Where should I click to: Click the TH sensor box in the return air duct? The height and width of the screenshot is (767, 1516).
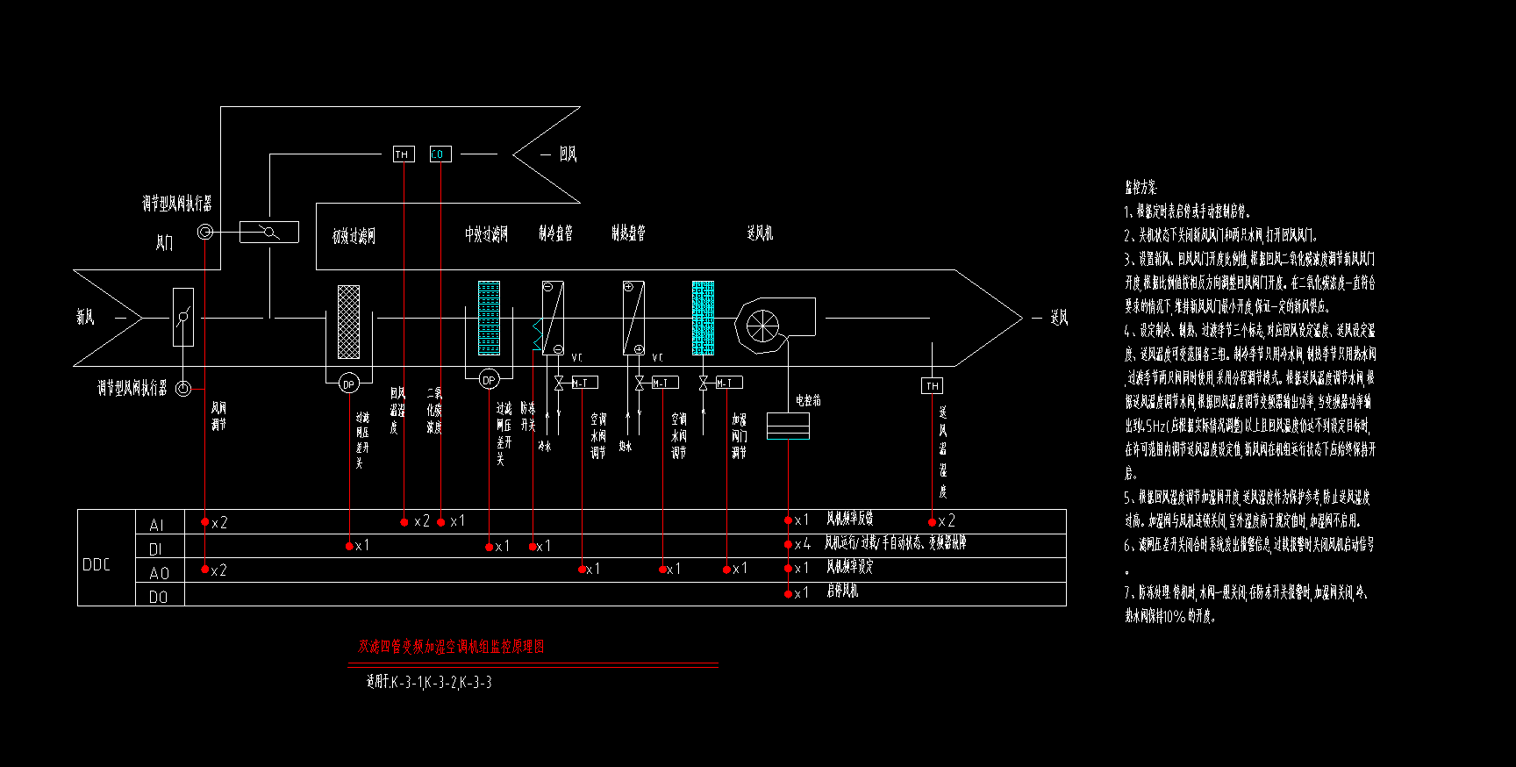pos(403,154)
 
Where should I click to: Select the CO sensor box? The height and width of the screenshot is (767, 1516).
pos(440,154)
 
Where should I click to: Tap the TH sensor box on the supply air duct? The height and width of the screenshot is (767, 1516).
pos(932,385)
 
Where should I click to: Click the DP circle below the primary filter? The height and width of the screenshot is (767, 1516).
pos(348,383)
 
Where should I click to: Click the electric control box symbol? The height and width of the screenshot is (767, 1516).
pos(788,426)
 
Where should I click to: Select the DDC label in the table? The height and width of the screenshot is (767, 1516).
pos(97,564)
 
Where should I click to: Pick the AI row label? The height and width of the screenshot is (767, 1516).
pos(157,525)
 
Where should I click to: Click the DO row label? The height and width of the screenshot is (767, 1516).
pos(158,597)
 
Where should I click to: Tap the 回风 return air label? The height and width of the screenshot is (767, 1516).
pos(568,154)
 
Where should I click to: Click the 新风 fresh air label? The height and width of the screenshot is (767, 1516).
pos(85,317)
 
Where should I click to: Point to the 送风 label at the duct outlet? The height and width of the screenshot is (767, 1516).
pos(1059,318)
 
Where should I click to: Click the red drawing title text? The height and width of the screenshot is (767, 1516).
pos(451,647)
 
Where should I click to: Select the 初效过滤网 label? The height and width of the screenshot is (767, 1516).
pos(354,236)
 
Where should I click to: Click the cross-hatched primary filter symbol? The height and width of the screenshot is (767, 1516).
pos(348,321)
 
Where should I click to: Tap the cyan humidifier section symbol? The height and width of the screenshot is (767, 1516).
pos(703,318)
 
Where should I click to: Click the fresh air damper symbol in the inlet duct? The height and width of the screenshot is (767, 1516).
pos(182,317)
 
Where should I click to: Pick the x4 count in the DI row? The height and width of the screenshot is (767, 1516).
pos(802,544)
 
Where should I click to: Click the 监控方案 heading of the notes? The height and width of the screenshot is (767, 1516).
pos(1141,187)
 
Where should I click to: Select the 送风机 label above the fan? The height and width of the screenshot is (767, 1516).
pos(760,233)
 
